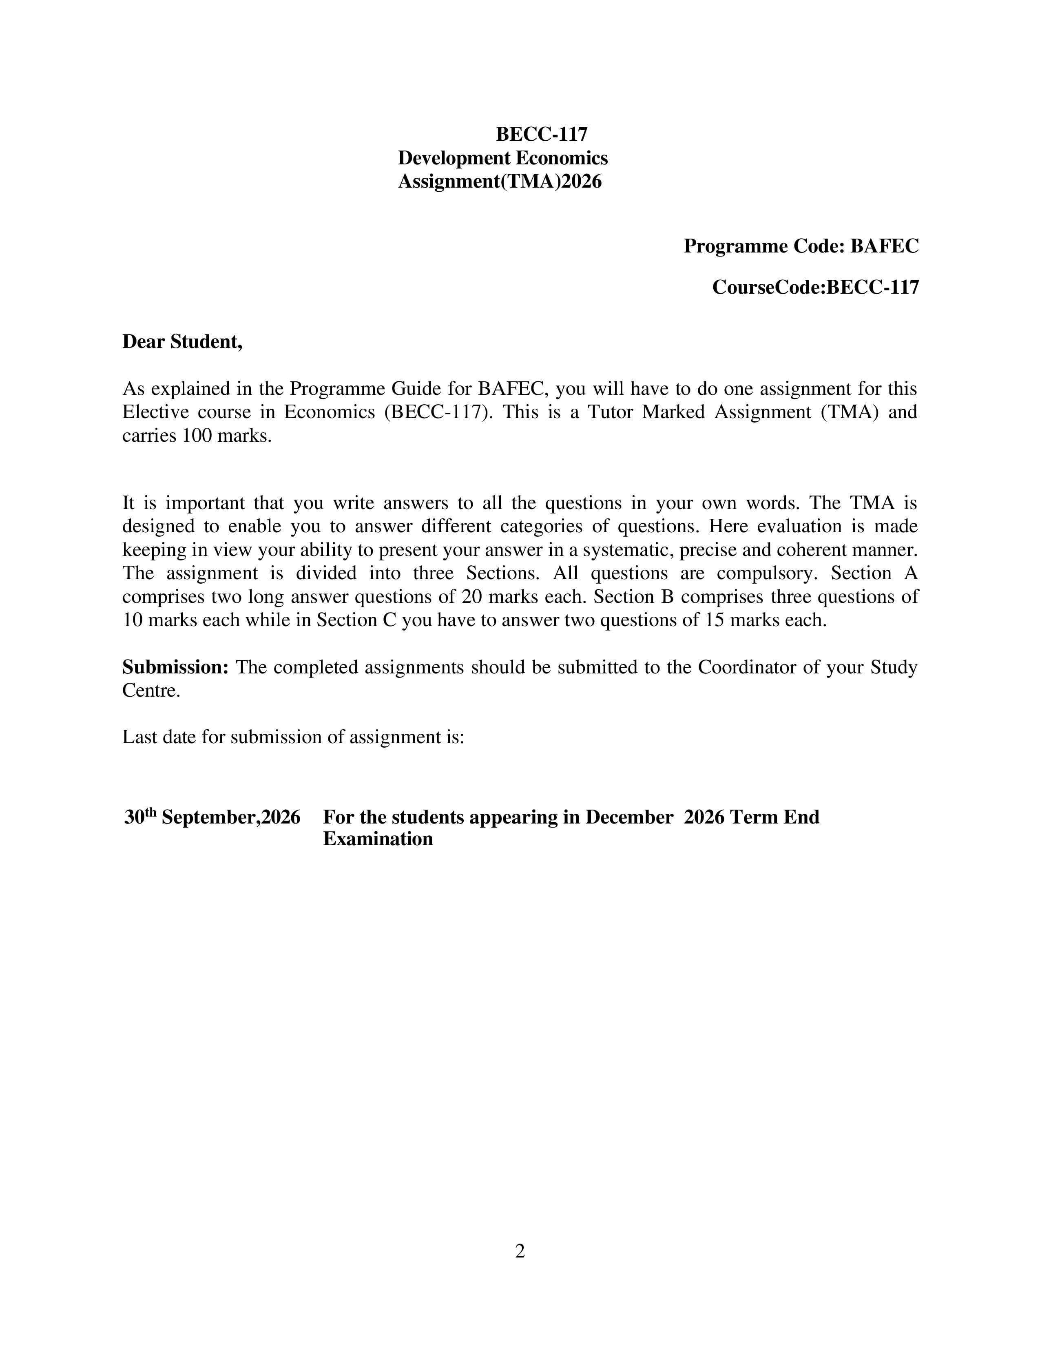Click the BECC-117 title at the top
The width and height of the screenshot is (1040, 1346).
click(x=542, y=134)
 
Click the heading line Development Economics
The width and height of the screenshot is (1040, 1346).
click(x=503, y=158)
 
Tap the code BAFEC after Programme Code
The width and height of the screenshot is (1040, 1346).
click(x=884, y=246)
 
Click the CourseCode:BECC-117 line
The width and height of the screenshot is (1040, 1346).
click(x=815, y=287)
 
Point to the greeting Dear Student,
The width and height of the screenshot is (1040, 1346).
click(x=182, y=341)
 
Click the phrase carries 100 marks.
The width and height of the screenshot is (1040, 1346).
click(x=197, y=436)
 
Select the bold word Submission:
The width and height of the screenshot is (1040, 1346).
click(x=176, y=667)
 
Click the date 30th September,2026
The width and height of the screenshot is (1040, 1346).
click(x=212, y=817)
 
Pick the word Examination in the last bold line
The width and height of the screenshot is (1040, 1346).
click(x=378, y=839)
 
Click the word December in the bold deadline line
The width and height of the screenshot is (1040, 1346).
click(x=628, y=817)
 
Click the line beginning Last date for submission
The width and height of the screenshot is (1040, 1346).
click(x=293, y=737)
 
